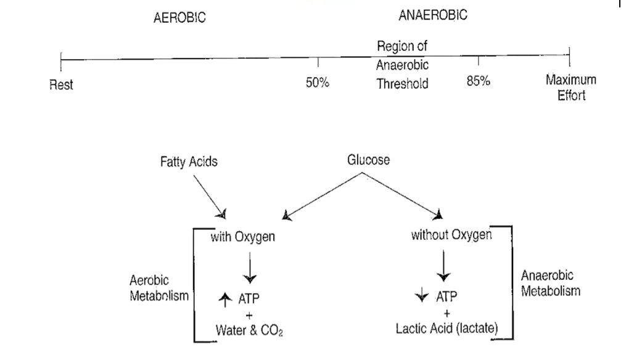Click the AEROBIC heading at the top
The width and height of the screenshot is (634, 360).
(179, 18)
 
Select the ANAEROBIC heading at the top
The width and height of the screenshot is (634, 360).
(432, 16)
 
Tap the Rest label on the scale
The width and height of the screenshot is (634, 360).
(61, 85)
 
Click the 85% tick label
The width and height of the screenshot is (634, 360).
(478, 82)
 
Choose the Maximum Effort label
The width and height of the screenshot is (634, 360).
(570, 88)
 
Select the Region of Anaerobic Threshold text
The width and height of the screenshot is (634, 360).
(402, 65)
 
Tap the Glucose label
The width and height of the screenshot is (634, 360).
(369, 160)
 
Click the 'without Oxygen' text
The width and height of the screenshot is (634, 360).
(451, 235)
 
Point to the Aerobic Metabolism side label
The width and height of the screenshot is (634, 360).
(158, 288)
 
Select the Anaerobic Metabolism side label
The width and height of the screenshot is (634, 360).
(550, 283)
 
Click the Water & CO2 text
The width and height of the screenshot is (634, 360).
(250, 329)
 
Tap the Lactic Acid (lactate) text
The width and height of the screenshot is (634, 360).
(447, 328)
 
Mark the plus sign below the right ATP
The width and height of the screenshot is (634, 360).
(446, 313)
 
